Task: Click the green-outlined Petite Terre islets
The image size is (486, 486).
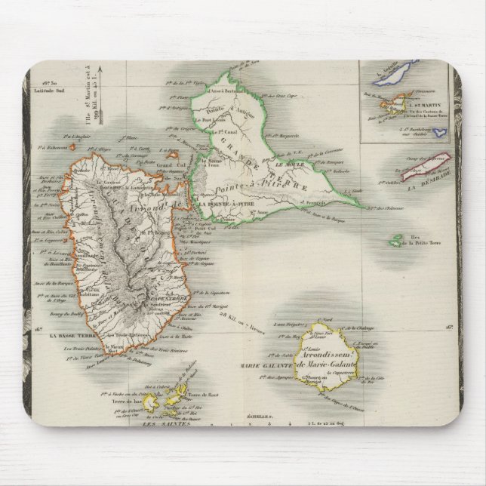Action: [x=395, y=241]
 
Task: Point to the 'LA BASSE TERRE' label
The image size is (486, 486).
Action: [x=69, y=335]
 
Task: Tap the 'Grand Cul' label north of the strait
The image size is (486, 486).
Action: [x=171, y=165]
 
